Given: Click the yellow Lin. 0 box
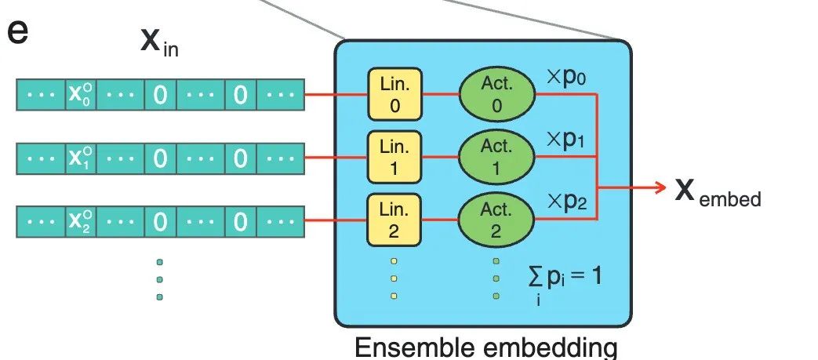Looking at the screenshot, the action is pyautogui.click(x=394, y=94).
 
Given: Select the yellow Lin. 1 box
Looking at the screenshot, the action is pyautogui.click(x=394, y=157).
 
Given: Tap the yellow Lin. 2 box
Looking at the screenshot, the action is pyautogui.click(x=394, y=220).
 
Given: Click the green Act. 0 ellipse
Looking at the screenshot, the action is pyautogui.click(x=496, y=94).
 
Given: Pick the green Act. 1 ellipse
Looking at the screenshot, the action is pyautogui.click(x=496, y=157).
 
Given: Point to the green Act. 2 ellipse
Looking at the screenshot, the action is pyautogui.click(x=496, y=220).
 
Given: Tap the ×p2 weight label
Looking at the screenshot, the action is pyautogui.click(x=566, y=202).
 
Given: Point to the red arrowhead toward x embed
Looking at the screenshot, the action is pyautogui.click(x=660, y=187).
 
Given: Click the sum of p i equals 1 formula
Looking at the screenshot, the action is pyautogui.click(x=565, y=282).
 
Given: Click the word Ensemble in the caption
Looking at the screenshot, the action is pyautogui.click(x=413, y=347).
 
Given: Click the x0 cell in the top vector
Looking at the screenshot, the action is pyautogui.click(x=81, y=94).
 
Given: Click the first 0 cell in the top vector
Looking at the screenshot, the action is pyautogui.click(x=160, y=94).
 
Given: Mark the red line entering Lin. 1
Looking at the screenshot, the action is pyautogui.click(x=336, y=157).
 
